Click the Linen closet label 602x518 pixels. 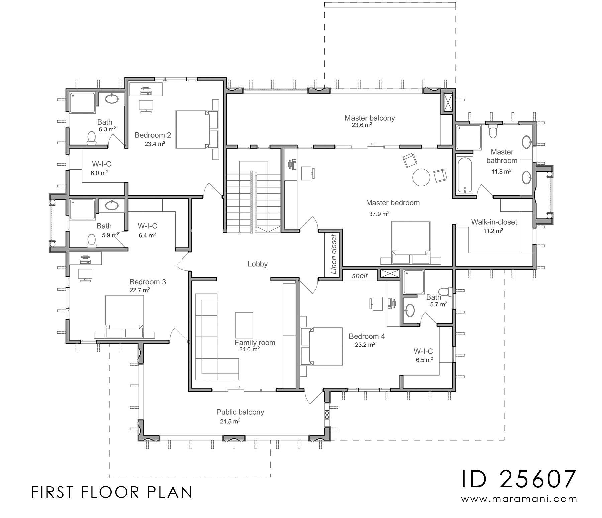pyautogui.click(x=333, y=254)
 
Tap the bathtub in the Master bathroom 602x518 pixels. pyautogui.click(x=464, y=175)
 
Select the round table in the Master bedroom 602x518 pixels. pyautogui.click(x=421, y=177)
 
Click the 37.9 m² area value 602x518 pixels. pyautogui.click(x=379, y=214)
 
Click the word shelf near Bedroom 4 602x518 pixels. pyautogui.click(x=360, y=276)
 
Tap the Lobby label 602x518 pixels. pyautogui.click(x=258, y=264)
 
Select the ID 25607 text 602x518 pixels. pyautogui.click(x=519, y=479)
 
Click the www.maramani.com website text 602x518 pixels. pyautogui.click(x=519, y=499)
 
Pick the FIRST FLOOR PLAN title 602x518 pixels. pyautogui.click(x=112, y=492)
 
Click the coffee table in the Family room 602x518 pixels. pyautogui.click(x=244, y=325)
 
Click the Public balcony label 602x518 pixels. pyautogui.click(x=240, y=412)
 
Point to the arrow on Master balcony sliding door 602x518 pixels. pyautogui.click(x=373, y=144)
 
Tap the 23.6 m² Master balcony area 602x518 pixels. pyautogui.click(x=362, y=125)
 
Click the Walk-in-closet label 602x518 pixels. pyautogui.click(x=494, y=222)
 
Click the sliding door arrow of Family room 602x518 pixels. pyautogui.click(x=238, y=387)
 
